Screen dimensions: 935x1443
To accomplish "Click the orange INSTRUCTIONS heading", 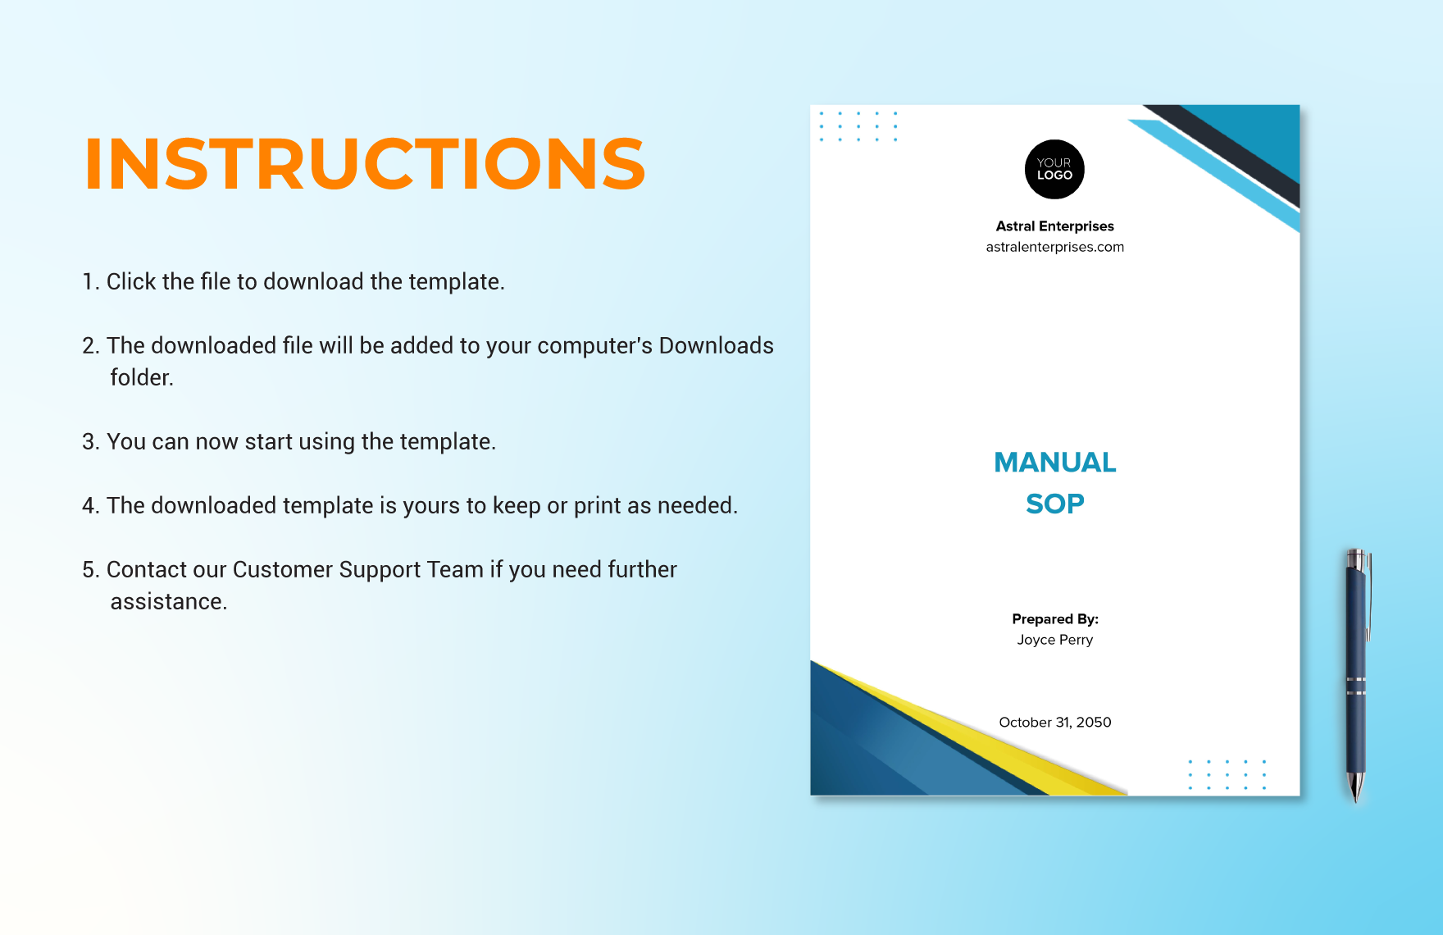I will point(365,164).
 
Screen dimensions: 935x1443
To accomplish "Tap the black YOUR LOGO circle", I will point(1054,169).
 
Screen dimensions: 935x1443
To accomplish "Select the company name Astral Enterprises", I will point(1054,226).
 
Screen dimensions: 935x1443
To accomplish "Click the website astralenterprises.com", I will point(1054,247).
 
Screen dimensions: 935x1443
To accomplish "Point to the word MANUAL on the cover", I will point(1054,463).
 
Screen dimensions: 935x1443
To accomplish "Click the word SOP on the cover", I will point(1054,504).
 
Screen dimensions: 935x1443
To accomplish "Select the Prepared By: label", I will point(1054,619).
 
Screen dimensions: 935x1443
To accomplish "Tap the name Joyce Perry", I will point(1054,640).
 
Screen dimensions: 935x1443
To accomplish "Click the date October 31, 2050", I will point(1054,723).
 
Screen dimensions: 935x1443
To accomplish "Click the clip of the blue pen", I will point(1368,595).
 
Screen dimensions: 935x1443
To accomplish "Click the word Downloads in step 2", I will point(716,346).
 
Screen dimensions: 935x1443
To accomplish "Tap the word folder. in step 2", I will point(142,378).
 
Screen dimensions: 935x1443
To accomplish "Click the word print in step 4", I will point(597,506).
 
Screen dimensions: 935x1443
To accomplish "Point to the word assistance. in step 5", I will point(169,602).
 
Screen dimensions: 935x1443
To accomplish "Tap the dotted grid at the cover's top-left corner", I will point(858,126).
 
